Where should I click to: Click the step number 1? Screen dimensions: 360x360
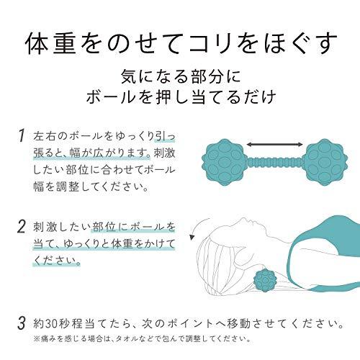point(22,135)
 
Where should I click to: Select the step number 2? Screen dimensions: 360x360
point(22,226)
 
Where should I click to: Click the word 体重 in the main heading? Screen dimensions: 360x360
point(51,43)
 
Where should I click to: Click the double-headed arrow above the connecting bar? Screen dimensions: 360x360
point(275,145)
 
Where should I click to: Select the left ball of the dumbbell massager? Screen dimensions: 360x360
point(223,163)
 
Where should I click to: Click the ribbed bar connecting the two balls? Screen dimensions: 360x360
point(274,163)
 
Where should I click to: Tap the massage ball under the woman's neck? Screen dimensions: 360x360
point(265,281)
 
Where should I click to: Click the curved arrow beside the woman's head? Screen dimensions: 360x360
point(196,227)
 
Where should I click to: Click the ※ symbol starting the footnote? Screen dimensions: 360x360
point(37,339)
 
